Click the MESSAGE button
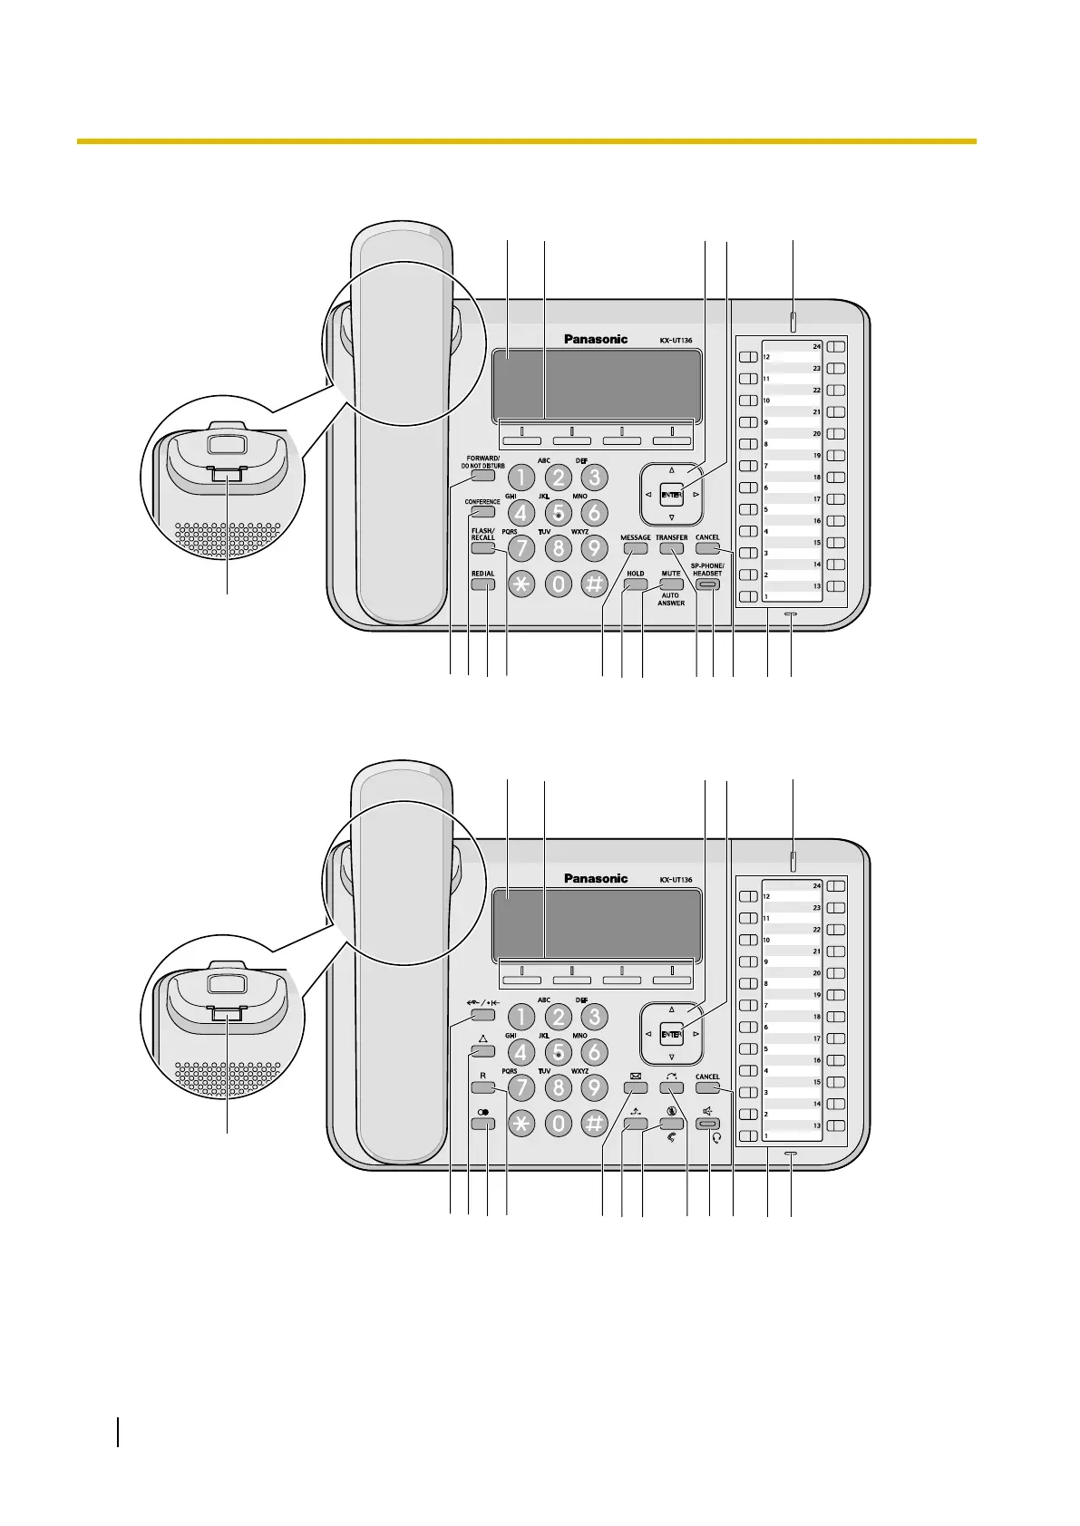click(x=635, y=549)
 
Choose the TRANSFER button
click(x=671, y=549)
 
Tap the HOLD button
click(x=635, y=585)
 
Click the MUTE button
click(x=671, y=585)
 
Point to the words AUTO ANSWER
click(x=671, y=600)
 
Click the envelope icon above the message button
click(x=635, y=1077)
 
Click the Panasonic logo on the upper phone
click(x=596, y=340)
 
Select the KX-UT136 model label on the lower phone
click(x=676, y=880)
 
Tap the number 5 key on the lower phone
click(x=559, y=1052)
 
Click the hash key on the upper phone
click(x=594, y=585)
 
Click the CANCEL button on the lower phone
click(x=707, y=1088)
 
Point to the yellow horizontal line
click(x=526, y=141)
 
